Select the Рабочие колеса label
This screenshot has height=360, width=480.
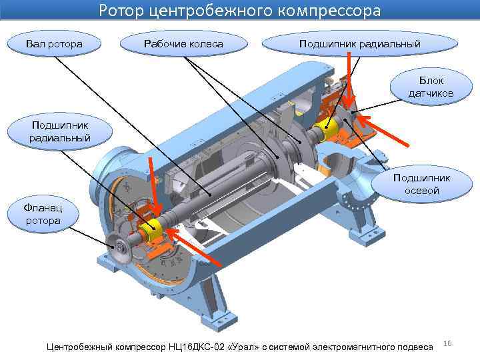[183, 44]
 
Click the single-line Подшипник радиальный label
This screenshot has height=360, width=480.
[360, 44]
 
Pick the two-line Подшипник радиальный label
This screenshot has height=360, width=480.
[59, 131]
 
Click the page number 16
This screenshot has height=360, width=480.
[447, 343]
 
